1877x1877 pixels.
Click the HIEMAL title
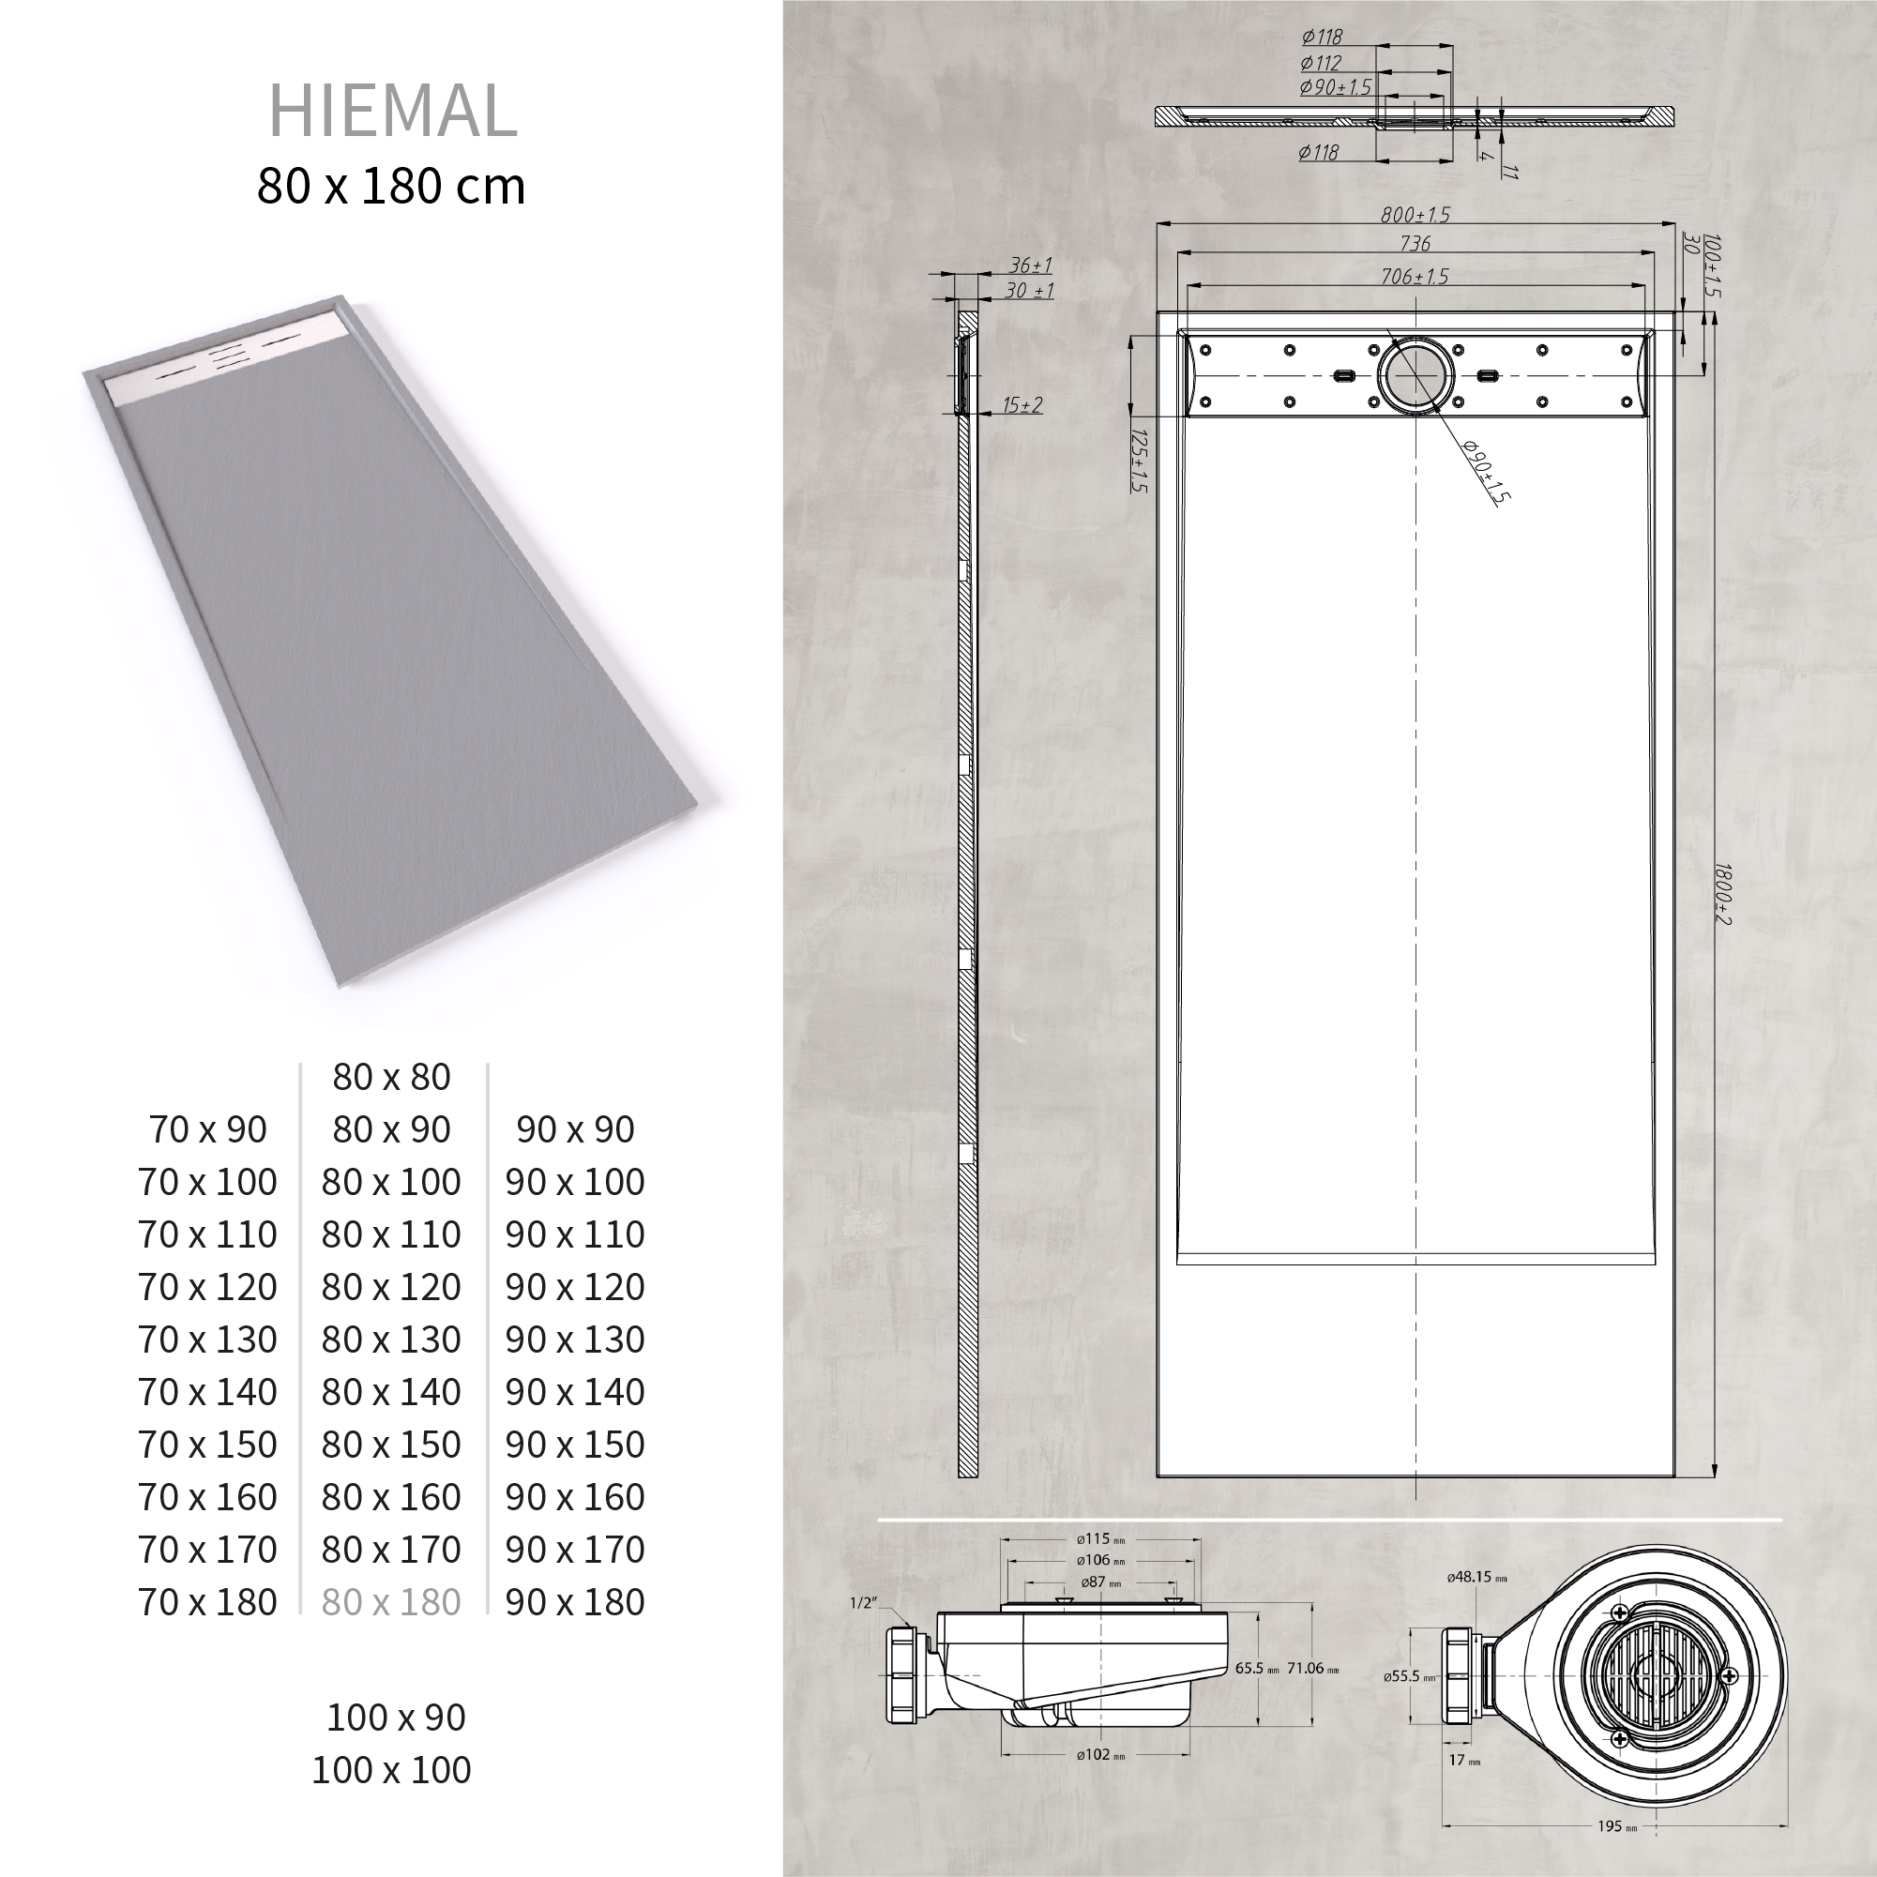tap(392, 111)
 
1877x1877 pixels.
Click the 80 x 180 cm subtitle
tap(391, 187)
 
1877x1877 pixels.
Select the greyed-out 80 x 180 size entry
tap(391, 1602)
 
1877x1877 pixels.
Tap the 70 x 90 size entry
tap(208, 1129)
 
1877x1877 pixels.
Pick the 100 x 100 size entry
tap(391, 1770)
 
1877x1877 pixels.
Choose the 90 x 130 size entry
tap(575, 1340)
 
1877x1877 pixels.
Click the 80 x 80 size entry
tap(391, 1077)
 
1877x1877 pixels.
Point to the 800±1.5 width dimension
tap(1415, 215)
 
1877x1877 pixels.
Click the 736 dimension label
tap(1415, 243)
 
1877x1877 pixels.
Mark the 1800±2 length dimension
tap(1721, 894)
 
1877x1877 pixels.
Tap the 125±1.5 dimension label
tap(1140, 461)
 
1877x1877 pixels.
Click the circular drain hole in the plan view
tap(1415, 375)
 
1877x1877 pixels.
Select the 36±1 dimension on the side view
tap(1031, 265)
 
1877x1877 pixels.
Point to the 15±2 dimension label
tap(1023, 404)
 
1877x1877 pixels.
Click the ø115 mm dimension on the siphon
tap(1099, 1539)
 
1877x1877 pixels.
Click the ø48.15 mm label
tap(1476, 1578)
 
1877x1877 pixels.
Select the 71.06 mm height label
tap(1311, 1668)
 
